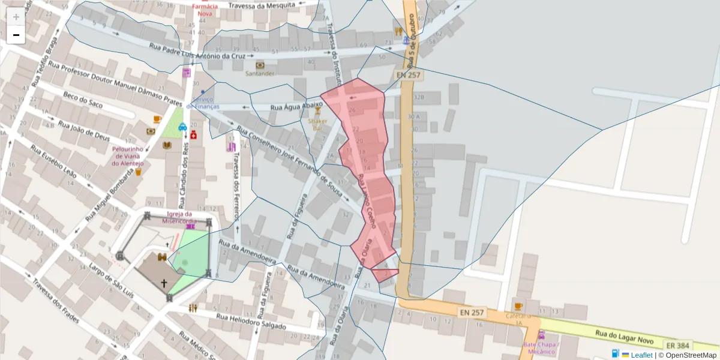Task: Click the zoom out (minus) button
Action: [x=16, y=35]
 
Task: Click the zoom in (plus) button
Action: [x=16, y=17]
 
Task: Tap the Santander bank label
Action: [x=260, y=73]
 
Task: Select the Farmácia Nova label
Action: [x=202, y=9]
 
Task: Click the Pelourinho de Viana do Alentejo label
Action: [x=127, y=156]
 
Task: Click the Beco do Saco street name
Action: [x=83, y=103]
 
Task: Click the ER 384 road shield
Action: [x=677, y=346]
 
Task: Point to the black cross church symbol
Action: [x=163, y=282]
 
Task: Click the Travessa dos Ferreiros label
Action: [x=236, y=177]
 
